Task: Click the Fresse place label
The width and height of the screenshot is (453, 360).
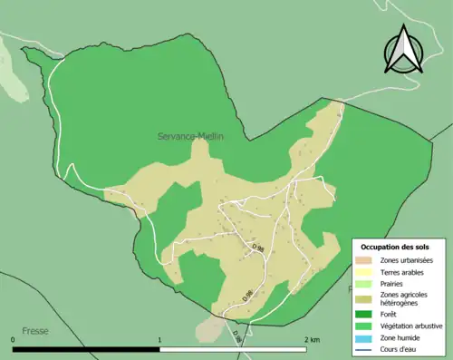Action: point(36,332)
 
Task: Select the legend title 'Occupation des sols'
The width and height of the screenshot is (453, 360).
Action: point(396,247)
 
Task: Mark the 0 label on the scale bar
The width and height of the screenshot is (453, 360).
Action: point(14,339)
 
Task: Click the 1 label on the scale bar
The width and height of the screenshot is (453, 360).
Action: point(160,339)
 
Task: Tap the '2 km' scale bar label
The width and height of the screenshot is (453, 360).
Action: point(313,339)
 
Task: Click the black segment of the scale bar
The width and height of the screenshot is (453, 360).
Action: point(87,348)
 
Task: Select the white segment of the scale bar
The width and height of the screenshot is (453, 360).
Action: point(234,348)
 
